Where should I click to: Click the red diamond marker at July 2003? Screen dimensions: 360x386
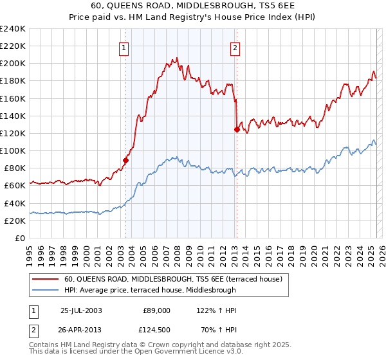coord(125,161)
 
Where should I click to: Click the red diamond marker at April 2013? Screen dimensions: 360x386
coord(236,129)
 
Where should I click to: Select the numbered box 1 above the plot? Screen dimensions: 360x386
coord(124,47)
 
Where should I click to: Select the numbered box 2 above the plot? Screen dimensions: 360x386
coord(235,47)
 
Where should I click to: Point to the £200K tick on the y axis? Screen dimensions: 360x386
coord(13,64)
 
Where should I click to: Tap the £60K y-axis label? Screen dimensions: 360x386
coord(15,186)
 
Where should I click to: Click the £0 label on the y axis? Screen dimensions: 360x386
coord(20,238)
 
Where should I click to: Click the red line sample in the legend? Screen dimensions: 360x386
coord(46,279)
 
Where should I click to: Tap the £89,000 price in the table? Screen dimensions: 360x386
coord(156,310)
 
